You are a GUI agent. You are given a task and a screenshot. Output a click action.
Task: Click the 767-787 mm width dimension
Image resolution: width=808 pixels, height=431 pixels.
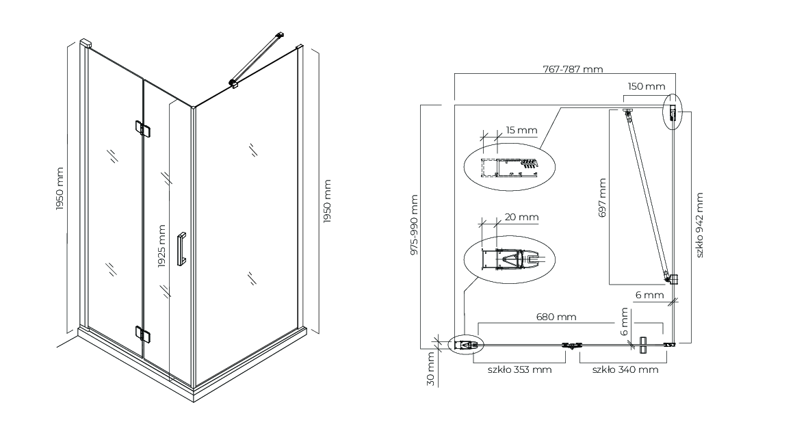(x=573, y=68)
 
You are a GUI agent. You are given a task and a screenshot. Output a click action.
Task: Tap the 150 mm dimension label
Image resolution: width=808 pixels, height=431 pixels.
(x=646, y=86)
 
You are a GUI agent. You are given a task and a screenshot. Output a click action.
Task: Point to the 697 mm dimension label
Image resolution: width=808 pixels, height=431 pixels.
(x=602, y=197)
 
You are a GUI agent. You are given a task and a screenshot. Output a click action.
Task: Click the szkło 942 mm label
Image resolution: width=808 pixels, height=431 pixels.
(x=699, y=225)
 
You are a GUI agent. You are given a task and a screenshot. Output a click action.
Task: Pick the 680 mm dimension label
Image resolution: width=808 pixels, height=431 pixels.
(x=556, y=317)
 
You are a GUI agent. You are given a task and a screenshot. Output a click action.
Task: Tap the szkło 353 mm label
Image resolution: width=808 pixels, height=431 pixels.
(x=519, y=369)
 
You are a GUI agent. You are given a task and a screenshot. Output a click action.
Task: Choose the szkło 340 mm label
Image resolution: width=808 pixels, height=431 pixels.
(x=625, y=369)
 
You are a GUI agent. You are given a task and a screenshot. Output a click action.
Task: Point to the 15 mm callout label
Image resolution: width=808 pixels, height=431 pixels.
(x=521, y=130)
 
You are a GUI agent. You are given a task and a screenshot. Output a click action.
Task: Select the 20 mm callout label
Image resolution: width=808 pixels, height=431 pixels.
(x=521, y=217)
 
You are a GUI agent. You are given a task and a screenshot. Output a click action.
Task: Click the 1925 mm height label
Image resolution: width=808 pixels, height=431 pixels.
(x=161, y=246)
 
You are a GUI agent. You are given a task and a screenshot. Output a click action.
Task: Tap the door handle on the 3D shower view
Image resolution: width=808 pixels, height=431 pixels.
(x=181, y=249)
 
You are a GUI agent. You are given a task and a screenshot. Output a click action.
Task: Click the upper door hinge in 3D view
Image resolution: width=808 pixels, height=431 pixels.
(x=143, y=129)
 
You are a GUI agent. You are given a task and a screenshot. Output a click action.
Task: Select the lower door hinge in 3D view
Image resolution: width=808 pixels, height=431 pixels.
(x=143, y=334)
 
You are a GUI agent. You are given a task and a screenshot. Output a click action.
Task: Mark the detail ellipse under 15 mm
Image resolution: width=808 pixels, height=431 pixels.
(x=509, y=168)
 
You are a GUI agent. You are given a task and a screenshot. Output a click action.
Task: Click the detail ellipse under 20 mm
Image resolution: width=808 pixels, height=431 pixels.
(x=509, y=259)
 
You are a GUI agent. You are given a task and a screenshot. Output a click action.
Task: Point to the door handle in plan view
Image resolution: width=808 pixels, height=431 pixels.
(x=642, y=345)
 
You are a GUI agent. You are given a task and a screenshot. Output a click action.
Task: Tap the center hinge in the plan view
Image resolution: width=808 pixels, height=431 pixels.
(x=571, y=345)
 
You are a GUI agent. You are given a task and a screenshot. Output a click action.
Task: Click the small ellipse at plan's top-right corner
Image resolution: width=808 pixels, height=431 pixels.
(x=673, y=111)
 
